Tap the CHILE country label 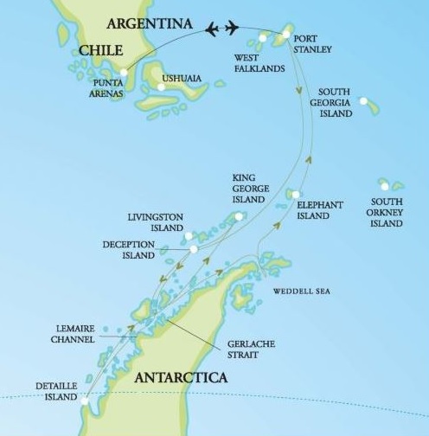tap(102, 52)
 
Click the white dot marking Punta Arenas tap(124, 73)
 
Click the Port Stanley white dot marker tap(286, 35)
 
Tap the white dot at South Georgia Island tap(364, 102)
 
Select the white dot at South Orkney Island tap(384, 183)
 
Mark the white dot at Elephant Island tap(296, 195)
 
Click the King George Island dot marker tap(239, 216)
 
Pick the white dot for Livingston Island tap(189, 235)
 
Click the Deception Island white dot tap(194, 249)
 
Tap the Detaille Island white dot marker tap(85, 400)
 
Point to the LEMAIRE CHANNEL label tap(70, 337)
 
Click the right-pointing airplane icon tap(232, 29)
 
